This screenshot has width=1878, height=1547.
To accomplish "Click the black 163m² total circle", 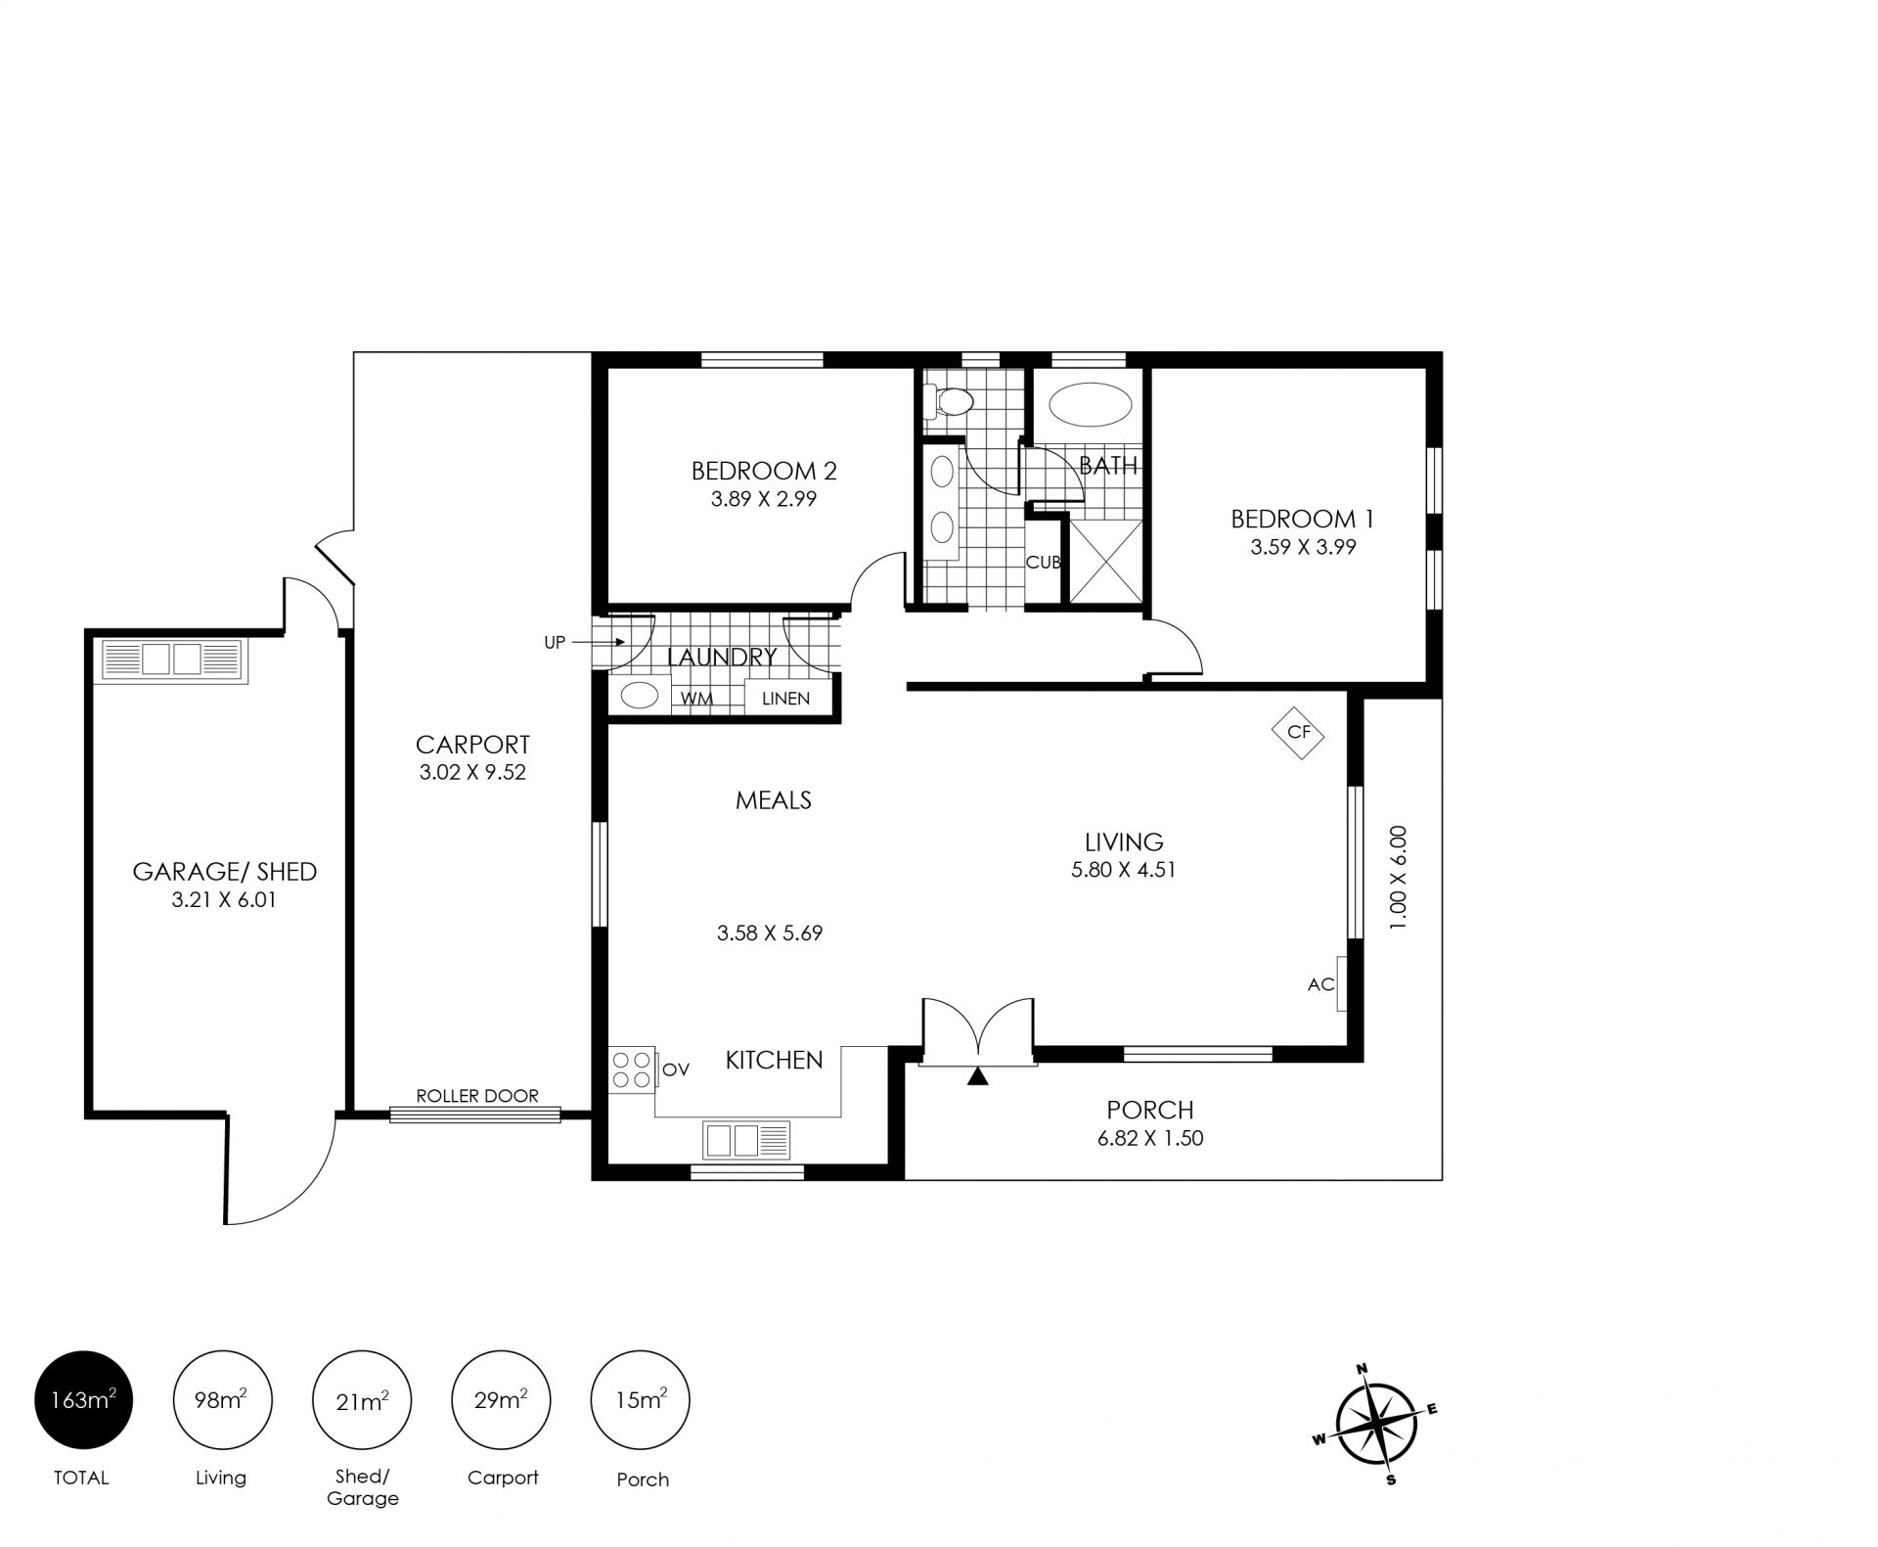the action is pos(83,1399).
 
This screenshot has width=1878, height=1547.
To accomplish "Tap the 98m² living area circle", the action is pos(222,1399).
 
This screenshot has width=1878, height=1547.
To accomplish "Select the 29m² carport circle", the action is pos(501,1399).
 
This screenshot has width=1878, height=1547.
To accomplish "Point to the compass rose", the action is pos(1375,1423).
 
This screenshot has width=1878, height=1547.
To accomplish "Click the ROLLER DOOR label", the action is pos(477,1096).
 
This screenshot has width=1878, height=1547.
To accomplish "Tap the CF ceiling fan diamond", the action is pos(1298,732).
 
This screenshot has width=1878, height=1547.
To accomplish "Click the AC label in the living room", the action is pos(1320,984).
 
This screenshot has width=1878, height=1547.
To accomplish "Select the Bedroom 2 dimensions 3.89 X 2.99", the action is pos(763,499).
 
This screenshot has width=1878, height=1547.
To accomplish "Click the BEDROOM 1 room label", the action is pos(1302,519).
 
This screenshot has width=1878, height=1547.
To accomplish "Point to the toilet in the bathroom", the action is pos(949,400).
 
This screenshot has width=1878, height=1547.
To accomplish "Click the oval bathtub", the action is pos(1090,405).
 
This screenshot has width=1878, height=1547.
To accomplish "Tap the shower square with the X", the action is pos(1105,561).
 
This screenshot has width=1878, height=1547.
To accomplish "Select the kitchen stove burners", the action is pos(632,1069).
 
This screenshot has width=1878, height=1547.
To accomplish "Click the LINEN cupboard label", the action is pos(785,699).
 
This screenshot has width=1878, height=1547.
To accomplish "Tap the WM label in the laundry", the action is pos(697,699).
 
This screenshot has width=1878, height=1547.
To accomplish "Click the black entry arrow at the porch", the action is pos(978,1076).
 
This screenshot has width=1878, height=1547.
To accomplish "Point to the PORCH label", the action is pos(1150,1110).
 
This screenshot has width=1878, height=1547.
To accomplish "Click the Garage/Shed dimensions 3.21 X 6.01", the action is pos(224,900).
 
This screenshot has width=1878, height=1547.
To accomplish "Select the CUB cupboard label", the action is pos(1044,563).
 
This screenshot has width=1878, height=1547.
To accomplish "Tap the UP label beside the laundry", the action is pos(555,643).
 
